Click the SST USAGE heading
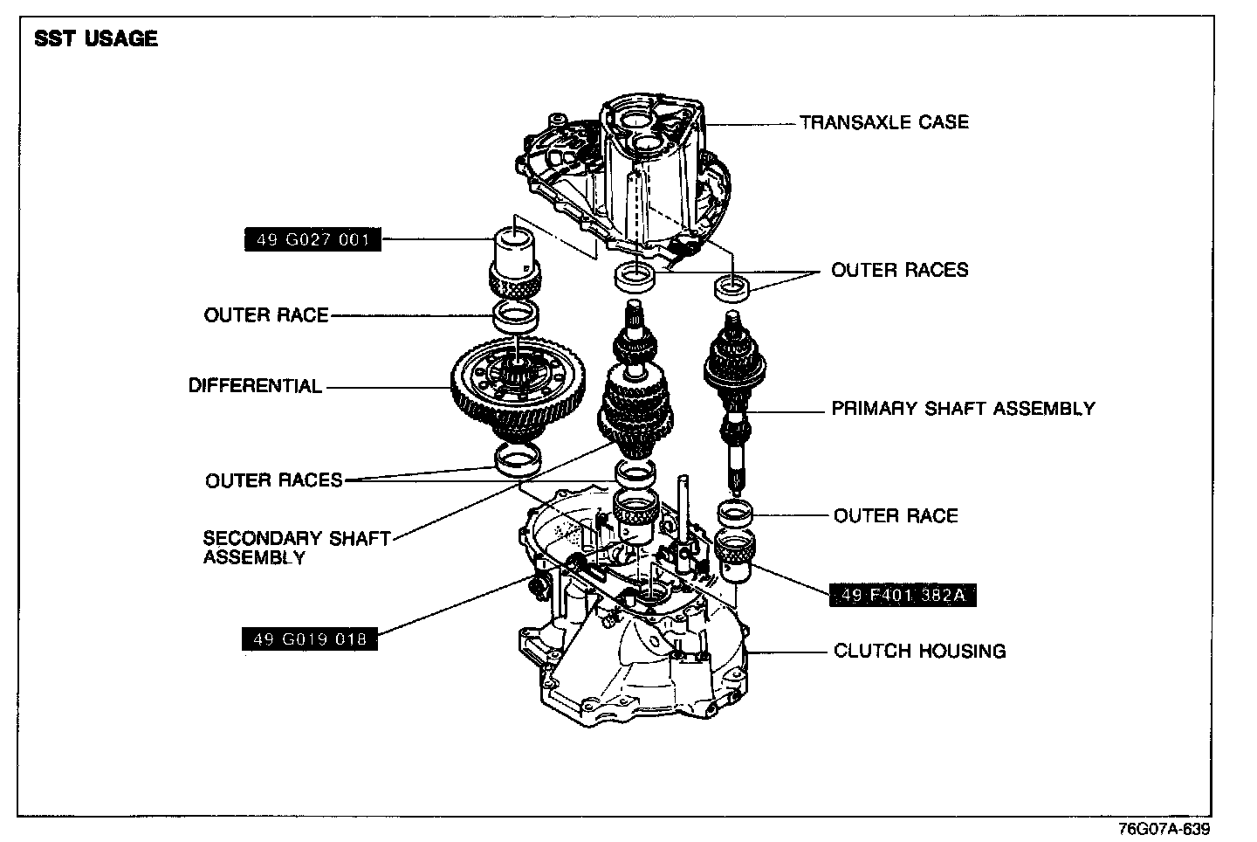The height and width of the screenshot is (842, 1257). (x=96, y=39)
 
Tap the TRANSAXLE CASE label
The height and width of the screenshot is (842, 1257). (x=883, y=122)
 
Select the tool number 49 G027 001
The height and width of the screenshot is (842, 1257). (x=313, y=239)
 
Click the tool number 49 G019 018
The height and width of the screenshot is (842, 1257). (x=310, y=639)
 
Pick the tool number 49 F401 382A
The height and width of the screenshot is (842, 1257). (x=902, y=596)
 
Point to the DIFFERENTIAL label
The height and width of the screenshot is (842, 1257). (x=255, y=385)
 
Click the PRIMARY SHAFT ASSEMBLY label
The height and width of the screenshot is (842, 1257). (x=963, y=408)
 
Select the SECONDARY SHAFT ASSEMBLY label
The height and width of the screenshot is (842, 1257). (x=296, y=548)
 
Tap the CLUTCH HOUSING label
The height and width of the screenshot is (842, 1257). (x=919, y=651)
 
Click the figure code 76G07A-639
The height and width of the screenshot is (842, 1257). (x=1164, y=828)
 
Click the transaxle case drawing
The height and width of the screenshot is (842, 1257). (x=628, y=175)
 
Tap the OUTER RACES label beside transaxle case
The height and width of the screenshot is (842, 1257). (x=899, y=270)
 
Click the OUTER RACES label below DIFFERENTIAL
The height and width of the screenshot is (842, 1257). (x=274, y=480)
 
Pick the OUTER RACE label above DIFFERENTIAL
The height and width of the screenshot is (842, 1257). (x=266, y=314)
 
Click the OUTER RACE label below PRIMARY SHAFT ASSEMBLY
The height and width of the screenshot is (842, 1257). (x=896, y=515)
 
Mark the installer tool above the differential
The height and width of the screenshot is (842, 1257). (x=516, y=258)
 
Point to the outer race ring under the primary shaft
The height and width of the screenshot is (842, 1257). (x=735, y=515)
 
